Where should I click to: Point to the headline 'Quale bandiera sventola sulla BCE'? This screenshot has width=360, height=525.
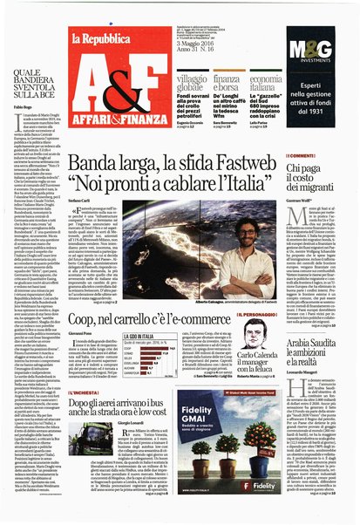(x=34, y=78)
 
